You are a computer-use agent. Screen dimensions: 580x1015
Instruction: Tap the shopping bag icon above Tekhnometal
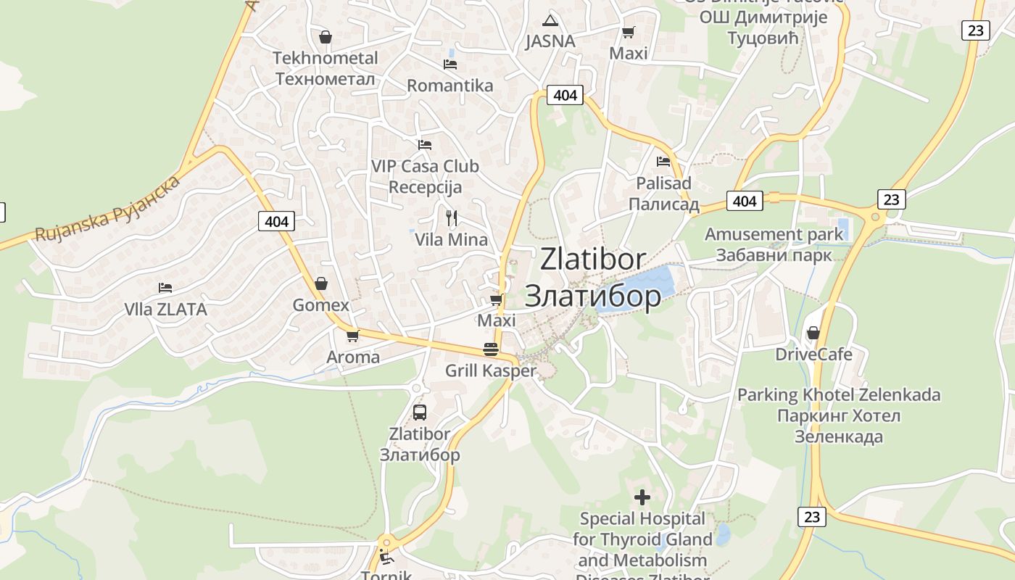(326, 36)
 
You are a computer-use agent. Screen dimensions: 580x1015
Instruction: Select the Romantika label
(449, 86)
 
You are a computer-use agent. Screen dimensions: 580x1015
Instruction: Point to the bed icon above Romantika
(450, 64)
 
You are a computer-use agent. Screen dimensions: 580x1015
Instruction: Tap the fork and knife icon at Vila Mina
(451, 217)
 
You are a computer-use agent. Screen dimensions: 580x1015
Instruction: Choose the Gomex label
(320, 305)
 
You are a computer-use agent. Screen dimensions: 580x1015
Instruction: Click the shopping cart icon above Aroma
(353, 336)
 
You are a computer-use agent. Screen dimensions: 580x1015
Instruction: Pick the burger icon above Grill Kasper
(491, 349)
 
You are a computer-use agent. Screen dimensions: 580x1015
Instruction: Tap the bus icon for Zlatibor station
(420, 413)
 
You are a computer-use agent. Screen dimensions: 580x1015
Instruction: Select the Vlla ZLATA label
(165, 310)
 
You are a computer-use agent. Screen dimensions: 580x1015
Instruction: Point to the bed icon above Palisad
(663, 161)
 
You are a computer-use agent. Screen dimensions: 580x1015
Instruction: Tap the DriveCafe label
(813, 355)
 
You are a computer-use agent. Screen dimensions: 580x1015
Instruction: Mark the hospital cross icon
(642, 497)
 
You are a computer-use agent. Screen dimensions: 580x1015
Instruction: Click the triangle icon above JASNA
(550, 20)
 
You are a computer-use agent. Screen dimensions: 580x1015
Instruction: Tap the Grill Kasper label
(491, 370)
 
